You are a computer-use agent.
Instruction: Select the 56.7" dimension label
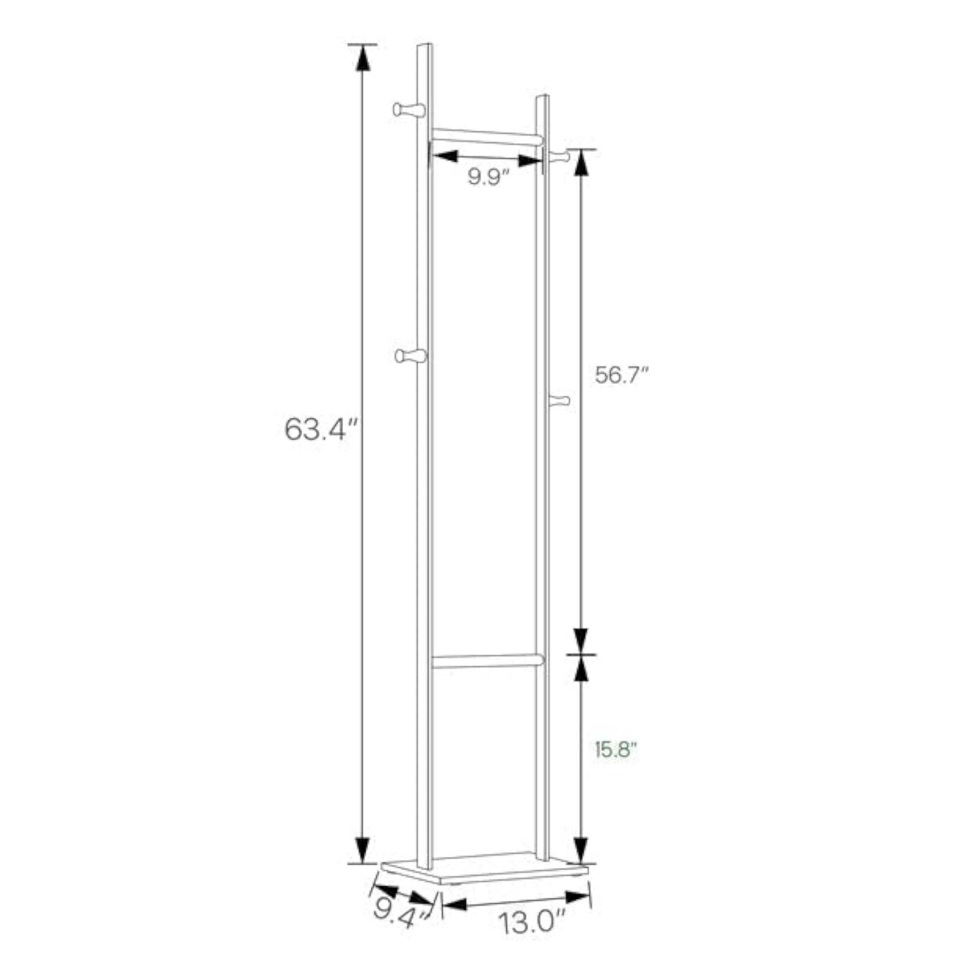click(623, 375)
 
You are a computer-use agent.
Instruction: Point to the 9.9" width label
click(489, 177)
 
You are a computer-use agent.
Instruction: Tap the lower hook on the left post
click(410, 356)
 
